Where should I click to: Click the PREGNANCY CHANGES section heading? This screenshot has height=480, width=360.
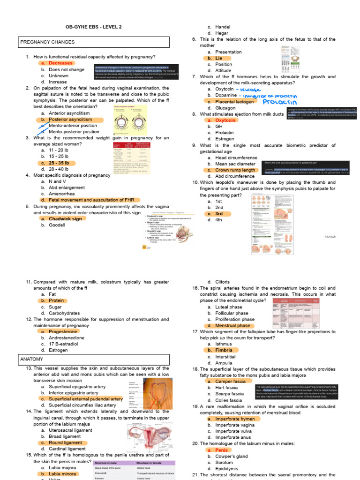[47, 42]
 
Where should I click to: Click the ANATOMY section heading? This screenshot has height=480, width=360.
[32, 360]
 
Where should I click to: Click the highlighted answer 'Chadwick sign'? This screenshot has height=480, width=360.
[65, 218]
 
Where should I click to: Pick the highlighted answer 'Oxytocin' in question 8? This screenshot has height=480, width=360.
[225, 120]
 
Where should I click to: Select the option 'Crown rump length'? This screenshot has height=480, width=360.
[235, 170]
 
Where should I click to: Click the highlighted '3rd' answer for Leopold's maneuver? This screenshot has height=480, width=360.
[219, 213]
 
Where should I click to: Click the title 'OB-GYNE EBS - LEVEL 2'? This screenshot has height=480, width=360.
[93, 27]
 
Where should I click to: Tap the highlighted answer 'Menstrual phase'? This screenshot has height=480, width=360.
[232, 325]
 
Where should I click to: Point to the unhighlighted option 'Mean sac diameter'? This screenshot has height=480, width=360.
[235, 164]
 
